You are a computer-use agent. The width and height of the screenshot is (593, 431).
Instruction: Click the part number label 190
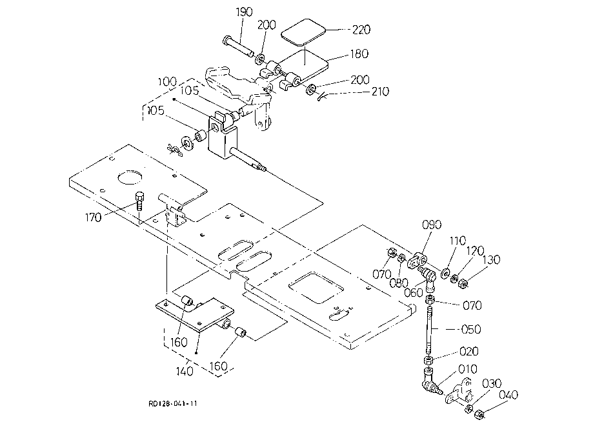click(x=244, y=12)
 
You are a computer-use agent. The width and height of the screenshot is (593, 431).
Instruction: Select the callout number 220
click(x=361, y=30)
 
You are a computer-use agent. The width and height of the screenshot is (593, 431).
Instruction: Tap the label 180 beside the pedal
click(x=359, y=54)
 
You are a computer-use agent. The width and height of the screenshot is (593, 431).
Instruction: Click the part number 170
click(x=93, y=218)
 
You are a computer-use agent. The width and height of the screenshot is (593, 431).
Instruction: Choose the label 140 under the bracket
click(x=185, y=371)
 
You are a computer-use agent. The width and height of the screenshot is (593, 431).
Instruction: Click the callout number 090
click(x=432, y=225)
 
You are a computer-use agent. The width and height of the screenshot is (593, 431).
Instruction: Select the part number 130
click(x=491, y=260)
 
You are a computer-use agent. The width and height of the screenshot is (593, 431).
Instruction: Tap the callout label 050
click(x=471, y=329)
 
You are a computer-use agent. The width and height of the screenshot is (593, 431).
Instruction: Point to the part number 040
click(x=508, y=395)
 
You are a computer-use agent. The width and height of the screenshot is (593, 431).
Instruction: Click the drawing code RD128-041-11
click(x=173, y=403)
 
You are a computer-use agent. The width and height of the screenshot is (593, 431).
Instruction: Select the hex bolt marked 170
click(x=139, y=201)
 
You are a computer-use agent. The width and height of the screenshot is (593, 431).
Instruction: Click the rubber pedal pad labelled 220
click(x=303, y=33)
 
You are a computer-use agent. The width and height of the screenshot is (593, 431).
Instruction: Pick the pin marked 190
click(x=239, y=46)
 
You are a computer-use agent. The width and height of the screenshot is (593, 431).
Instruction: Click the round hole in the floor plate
click(x=130, y=177)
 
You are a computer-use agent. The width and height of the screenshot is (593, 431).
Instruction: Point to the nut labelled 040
click(x=479, y=414)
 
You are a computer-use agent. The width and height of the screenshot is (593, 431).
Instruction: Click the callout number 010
click(x=467, y=369)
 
